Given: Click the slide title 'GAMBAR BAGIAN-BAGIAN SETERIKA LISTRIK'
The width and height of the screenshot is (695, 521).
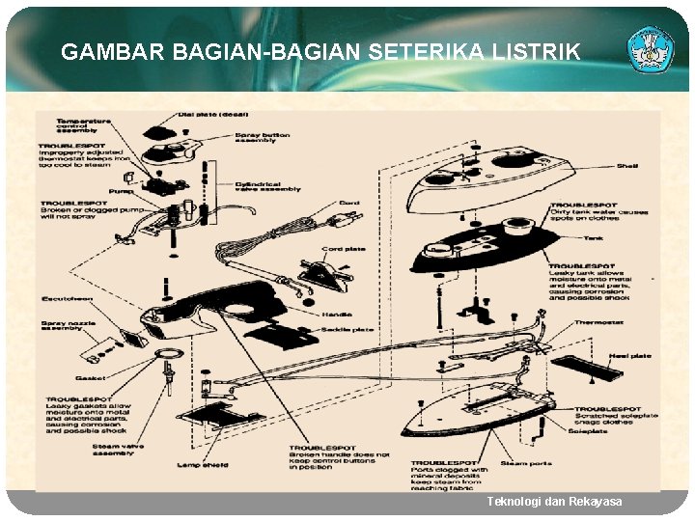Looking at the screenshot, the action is (320, 52).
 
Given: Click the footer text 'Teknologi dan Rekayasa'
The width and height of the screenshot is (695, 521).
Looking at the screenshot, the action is (554, 502).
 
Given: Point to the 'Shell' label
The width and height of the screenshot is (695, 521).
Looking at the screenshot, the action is (627, 166).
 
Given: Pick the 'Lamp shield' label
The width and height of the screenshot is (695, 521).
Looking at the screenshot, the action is (203, 466).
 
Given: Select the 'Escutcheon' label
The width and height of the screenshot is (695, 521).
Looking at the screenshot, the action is (63, 298).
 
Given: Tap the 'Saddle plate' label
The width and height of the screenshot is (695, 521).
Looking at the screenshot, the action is (347, 330).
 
